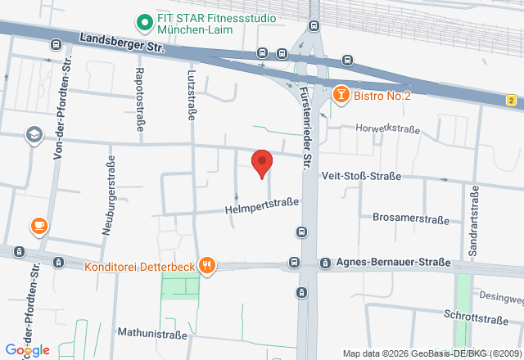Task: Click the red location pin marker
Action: pos(261,163)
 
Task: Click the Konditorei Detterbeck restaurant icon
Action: pos(208,265)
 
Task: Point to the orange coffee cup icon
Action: pos(38,225)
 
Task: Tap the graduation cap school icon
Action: pos(34,134)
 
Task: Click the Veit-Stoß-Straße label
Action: pos(361,176)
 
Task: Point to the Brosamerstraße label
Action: pos(411,219)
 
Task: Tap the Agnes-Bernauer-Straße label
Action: pos(395,263)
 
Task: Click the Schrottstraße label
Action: pos(476,314)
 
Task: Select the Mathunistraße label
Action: pos(156,332)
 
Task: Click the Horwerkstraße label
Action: pos(388,128)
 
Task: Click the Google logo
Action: pos(27,350)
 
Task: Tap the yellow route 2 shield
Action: pos(511,100)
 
